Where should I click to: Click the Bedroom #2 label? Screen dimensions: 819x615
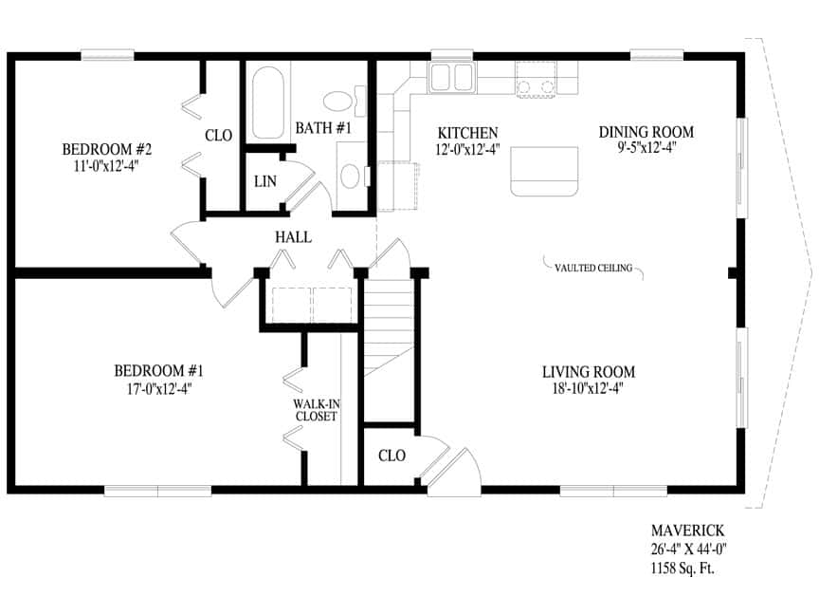tap(106, 150)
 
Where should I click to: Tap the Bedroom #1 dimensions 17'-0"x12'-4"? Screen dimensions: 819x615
tap(159, 389)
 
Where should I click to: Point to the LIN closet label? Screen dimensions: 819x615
tap(265, 181)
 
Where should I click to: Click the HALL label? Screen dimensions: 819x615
tap(293, 237)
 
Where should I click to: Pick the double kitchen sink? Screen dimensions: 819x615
tap(452, 77)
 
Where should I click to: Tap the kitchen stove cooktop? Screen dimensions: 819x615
tap(536, 80)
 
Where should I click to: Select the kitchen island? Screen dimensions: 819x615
tap(544, 172)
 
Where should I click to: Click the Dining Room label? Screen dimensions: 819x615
tap(646, 132)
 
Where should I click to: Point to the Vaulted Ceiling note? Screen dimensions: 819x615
tap(593, 269)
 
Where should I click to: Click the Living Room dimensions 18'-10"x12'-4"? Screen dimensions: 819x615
tap(588, 389)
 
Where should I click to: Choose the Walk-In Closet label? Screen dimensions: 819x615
tap(316, 410)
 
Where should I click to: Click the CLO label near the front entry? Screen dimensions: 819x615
tap(391, 456)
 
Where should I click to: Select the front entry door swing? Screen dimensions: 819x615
tap(453, 471)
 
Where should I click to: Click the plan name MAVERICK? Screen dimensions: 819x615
tap(687, 531)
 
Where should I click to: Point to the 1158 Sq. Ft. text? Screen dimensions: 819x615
tap(682, 568)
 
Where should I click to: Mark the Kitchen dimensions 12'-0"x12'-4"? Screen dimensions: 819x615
tap(467, 150)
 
